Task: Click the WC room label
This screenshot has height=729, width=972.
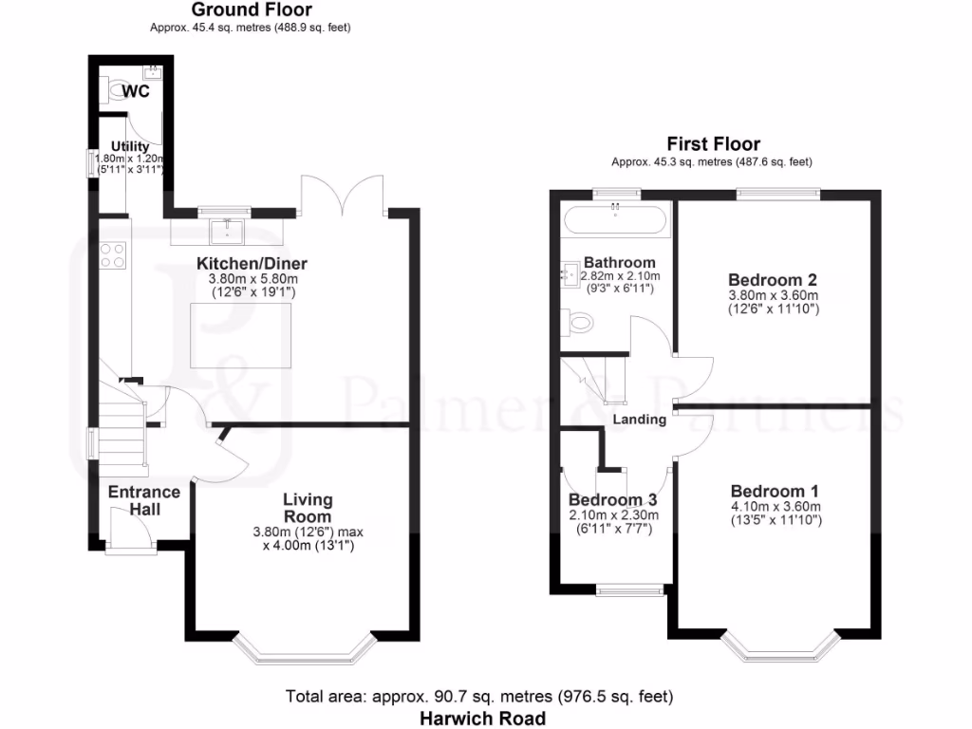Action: [x=137, y=91]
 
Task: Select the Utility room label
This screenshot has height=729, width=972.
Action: [x=130, y=145]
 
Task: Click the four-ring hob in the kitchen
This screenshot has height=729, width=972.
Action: [x=113, y=254]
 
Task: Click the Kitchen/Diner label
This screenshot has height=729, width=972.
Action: [x=252, y=263]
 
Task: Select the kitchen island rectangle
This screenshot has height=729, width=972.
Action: [x=236, y=334]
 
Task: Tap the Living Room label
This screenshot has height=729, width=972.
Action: [x=308, y=507]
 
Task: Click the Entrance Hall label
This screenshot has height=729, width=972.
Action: [x=144, y=500]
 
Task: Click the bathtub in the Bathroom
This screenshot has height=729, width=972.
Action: [x=616, y=221]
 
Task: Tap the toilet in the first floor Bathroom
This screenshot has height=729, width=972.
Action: [x=576, y=323]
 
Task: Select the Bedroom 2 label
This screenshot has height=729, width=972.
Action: [x=773, y=280]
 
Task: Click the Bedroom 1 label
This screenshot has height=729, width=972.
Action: [x=775, y=491]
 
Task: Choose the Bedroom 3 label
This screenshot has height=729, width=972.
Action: [x=612, y=500]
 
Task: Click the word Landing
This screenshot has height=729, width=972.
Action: [x=639, y=419]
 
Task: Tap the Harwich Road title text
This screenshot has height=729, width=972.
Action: [x=483, y=719]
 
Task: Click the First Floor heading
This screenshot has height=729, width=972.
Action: [x=713, y=144]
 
